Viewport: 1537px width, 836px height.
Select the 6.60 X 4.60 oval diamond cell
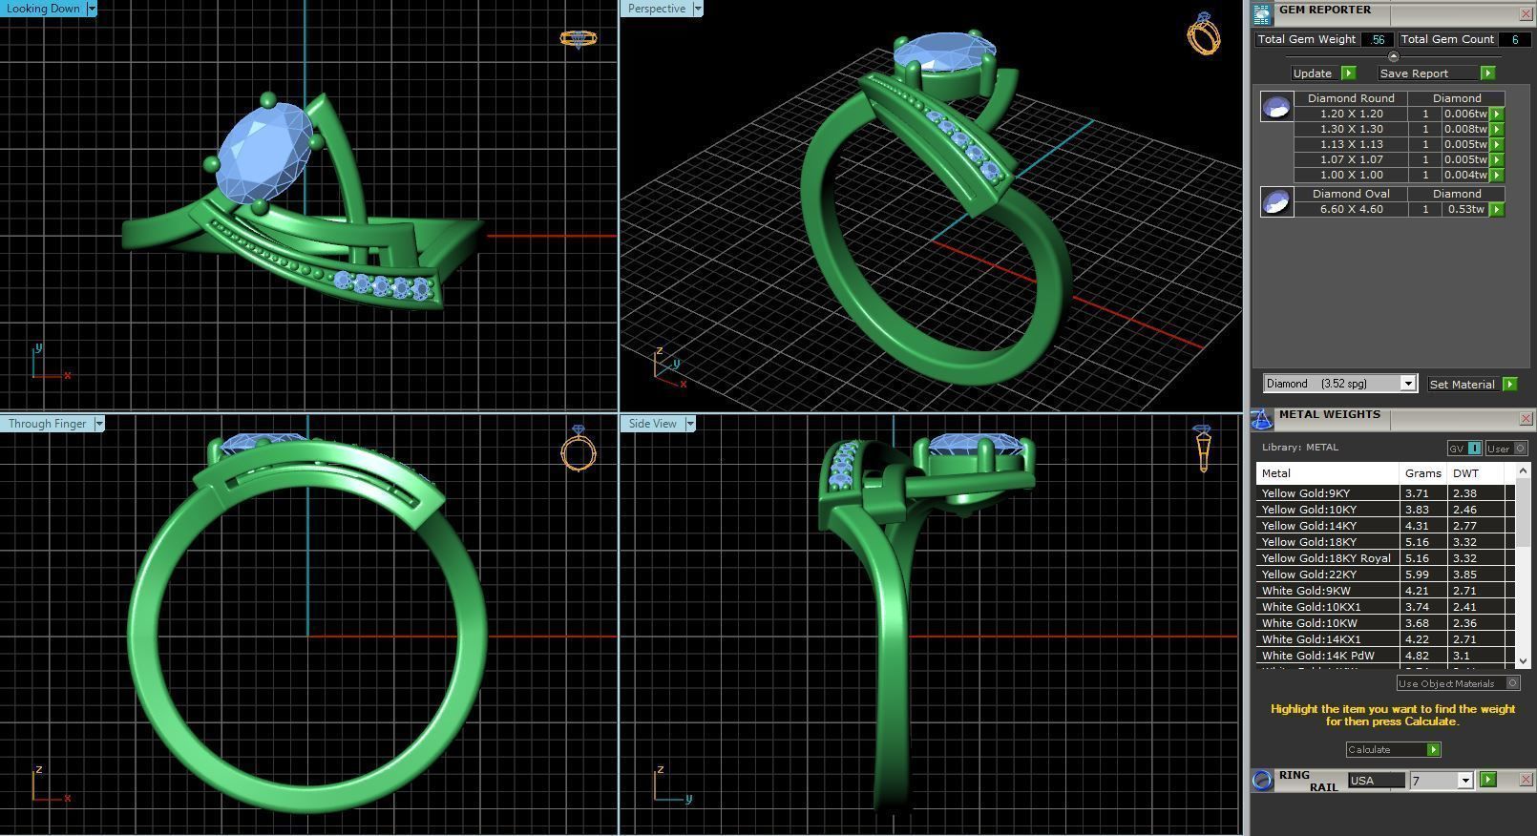(1351, 209)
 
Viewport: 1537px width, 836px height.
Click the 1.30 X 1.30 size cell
(1351, 129)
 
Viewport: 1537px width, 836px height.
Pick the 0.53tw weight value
(1465, 209)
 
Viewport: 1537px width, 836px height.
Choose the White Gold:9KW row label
(1306, 591)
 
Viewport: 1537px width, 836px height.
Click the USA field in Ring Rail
(1375, 781)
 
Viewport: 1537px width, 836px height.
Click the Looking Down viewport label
(43, 9)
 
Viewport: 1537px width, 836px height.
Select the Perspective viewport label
(657, 9)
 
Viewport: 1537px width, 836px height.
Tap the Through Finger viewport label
(47, 424)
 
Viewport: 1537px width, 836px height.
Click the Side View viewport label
(653, 424)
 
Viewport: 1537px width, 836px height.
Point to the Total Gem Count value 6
(1513, 39)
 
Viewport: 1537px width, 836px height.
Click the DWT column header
(1465, 473)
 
